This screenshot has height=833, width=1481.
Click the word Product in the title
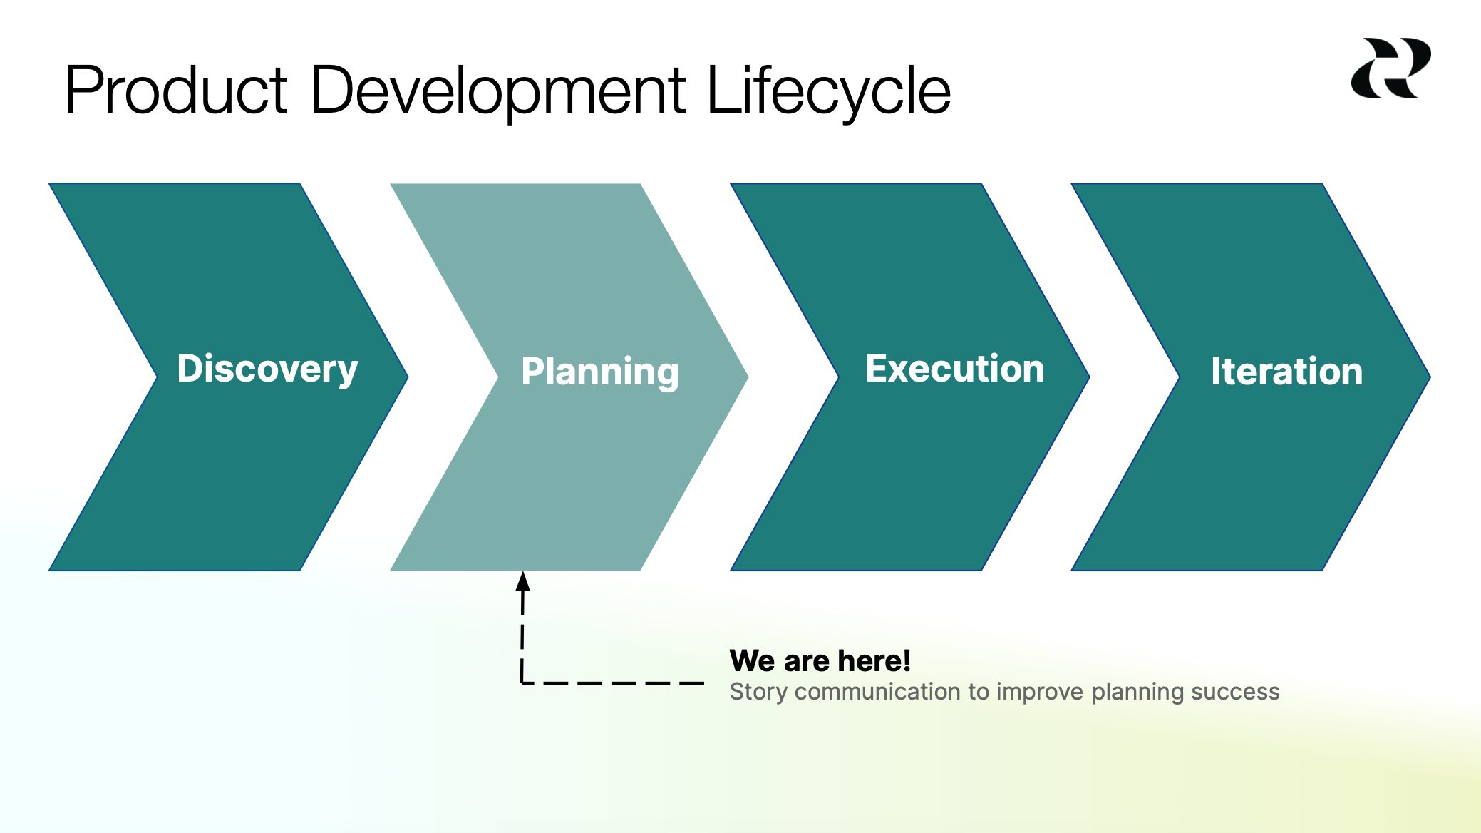click(x=175, y=91)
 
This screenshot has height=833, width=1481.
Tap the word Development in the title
click(x=497, y=91)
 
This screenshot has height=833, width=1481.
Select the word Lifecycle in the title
click(x=828, y=91)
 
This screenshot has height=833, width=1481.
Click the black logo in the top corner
click(x=1390, y=68)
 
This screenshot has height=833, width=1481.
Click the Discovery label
click(x=267, y=369)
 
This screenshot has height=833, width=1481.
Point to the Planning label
click(x=600, y=372)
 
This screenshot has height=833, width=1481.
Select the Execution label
click(x=954, y=369)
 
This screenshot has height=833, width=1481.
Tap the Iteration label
click(x=1286, y=372)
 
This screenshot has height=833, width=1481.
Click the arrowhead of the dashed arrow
click(x=523, y=581)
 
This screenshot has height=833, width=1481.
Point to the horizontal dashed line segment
click(x=613, y=683)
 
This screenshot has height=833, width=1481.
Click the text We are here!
click(x=820, y=660)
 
